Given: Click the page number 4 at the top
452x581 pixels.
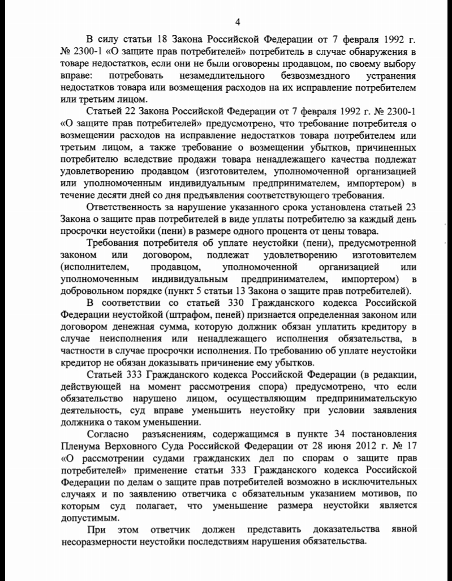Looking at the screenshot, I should coord(238,22).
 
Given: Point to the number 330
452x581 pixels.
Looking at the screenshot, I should coord(222,304).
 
